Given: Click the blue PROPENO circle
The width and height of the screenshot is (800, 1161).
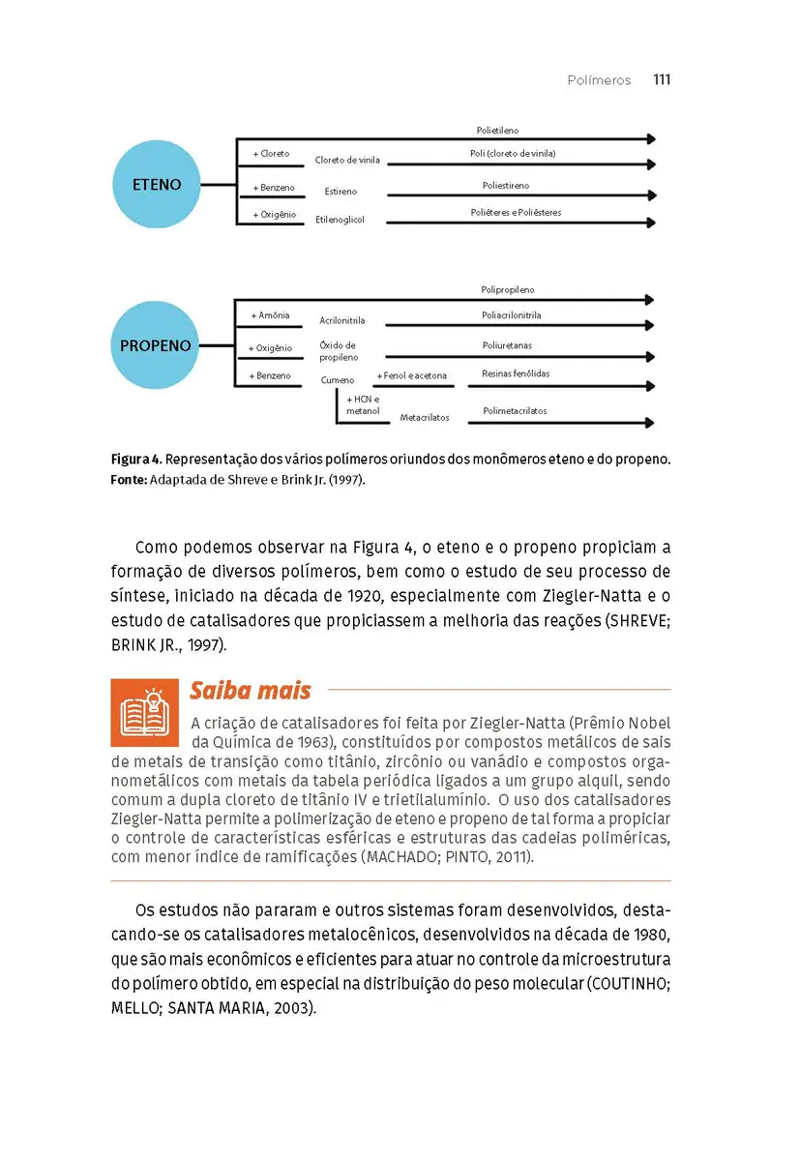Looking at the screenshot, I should point(155,345).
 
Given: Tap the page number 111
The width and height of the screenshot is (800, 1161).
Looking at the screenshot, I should point(662,80).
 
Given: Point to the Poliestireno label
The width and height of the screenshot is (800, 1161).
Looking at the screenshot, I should point(506,186).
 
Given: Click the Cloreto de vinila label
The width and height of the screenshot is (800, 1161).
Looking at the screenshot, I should point(347,160).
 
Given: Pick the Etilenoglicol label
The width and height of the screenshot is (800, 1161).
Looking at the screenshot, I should point(340,221).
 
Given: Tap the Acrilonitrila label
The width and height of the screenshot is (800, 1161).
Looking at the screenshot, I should point(342,321).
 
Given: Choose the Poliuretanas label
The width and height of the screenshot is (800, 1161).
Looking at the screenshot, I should point(507,345).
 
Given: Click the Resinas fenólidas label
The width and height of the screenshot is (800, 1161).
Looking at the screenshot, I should point(516,373).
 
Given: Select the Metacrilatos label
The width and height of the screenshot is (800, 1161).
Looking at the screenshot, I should point(425,418).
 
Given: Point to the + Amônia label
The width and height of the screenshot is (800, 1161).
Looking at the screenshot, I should point(270,315).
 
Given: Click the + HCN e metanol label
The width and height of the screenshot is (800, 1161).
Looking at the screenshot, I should point(363,404).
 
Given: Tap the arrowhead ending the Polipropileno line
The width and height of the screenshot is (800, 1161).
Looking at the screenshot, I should point(650,300).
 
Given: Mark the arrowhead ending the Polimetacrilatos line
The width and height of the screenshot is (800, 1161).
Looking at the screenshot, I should point(650,422).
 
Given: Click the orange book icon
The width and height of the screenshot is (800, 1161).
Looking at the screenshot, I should point(144,712).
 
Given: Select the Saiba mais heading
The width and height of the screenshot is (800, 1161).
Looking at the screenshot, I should point(250,690).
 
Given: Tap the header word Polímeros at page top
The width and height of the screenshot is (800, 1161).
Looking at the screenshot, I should point(599,80).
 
